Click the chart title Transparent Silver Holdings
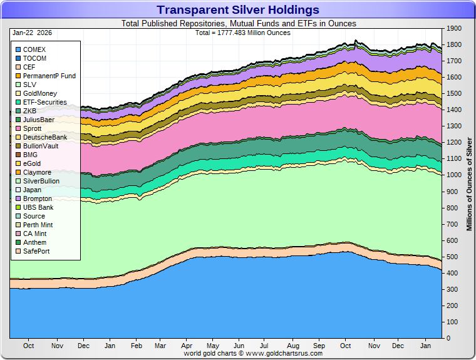(237, 10)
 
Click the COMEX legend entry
(34, 49)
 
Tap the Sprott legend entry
(32, 128)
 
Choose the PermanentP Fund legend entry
(49, 76)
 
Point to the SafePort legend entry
(36, 251)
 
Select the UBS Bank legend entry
(38, 207)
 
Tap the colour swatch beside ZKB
(18, 111)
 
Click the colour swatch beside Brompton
(18, 198)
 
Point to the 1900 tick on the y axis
(453, 29)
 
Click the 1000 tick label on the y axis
(453, 175)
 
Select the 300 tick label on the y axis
(452, 289)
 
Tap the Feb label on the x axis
(136, 346)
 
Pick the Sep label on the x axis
(319, 346)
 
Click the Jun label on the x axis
(239, 346)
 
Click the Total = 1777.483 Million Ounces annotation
(238, 32)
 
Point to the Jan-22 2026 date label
(31, 32)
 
